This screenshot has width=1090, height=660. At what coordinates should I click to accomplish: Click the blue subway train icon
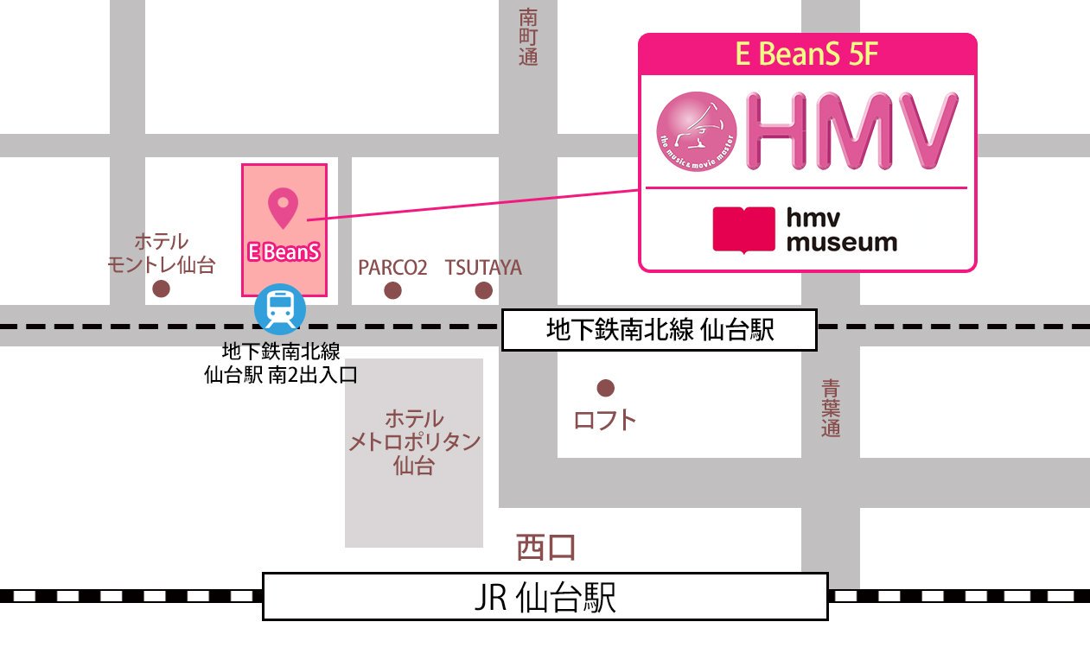coord(279,309)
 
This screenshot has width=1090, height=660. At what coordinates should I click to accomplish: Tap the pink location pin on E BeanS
coord(283,207)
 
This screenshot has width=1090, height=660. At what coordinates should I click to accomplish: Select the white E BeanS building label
coord(284,252)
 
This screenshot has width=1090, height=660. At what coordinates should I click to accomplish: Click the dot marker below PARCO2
coord(392,290)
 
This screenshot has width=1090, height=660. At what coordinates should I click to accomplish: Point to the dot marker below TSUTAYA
coord(483,290)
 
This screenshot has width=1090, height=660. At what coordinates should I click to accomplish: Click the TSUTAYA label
coord(483,267)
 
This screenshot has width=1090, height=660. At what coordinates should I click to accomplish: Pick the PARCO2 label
coord(392,267)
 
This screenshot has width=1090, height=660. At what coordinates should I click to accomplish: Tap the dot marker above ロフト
coord(605,388)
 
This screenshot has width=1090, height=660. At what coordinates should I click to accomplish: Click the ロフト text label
coord(605,421)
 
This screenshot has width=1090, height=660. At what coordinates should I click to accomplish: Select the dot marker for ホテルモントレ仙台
coord(161,289)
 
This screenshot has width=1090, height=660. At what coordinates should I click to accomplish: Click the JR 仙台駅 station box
coord(545,596)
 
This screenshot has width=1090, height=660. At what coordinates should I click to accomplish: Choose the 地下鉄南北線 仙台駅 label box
coord(659,331)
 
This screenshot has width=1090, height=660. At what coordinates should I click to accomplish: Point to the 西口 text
coord(545,546)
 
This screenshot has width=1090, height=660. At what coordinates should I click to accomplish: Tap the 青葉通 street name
coord(831,408)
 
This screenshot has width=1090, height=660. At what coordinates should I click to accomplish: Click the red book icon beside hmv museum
coord(743,230)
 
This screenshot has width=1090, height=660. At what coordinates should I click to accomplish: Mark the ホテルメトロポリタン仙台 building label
coord(414,443)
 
